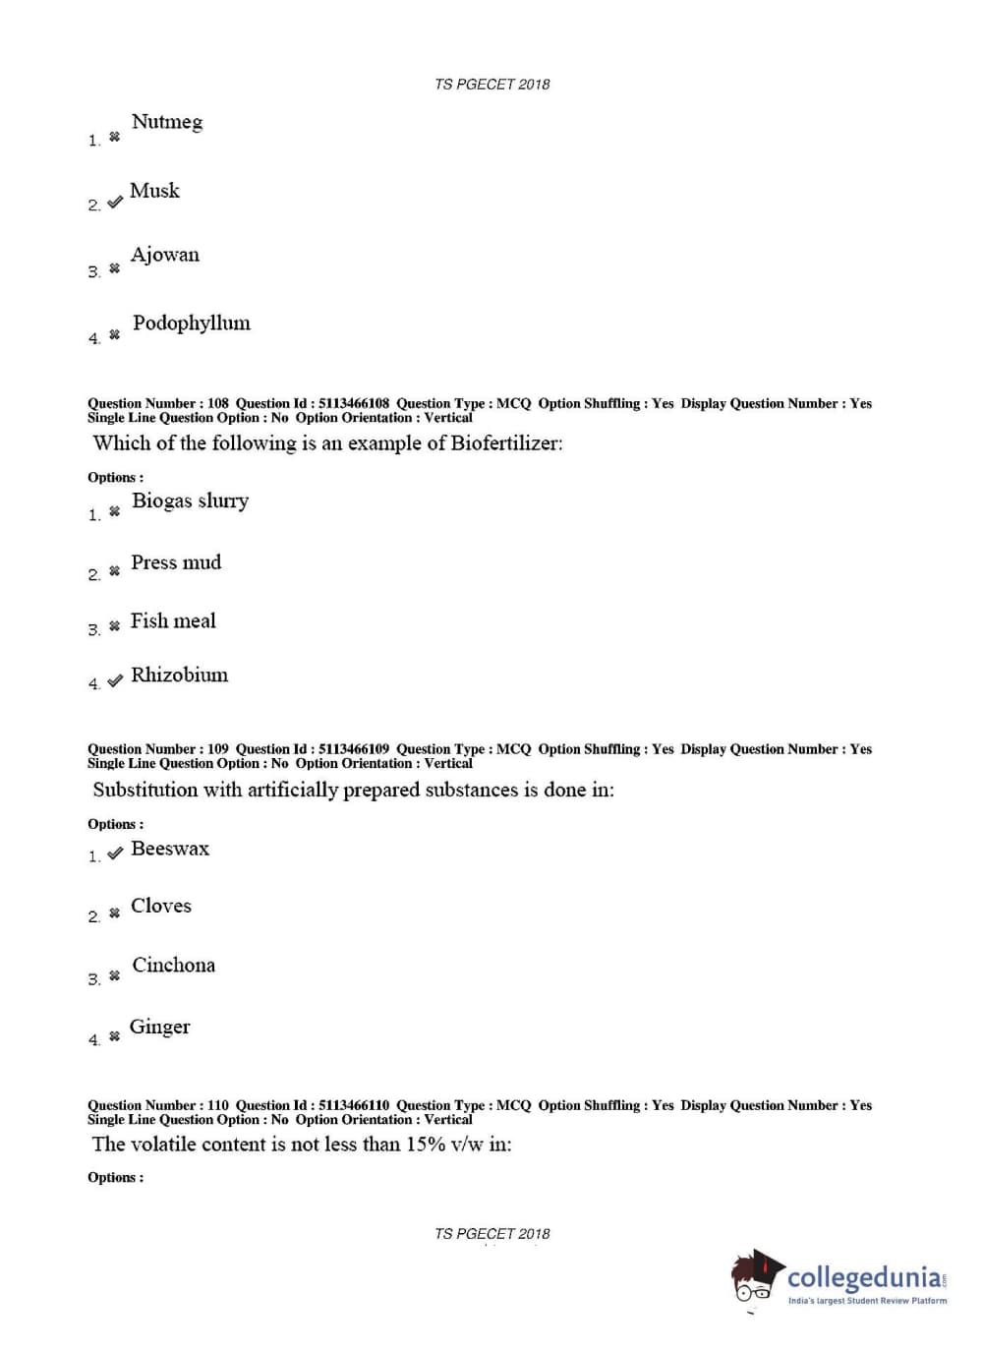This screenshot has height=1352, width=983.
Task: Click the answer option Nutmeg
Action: coord(167,122)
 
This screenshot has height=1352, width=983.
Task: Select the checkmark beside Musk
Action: coord(115,202)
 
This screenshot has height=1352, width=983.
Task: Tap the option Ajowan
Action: coord(165,255)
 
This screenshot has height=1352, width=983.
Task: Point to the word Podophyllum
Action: coord(192,323)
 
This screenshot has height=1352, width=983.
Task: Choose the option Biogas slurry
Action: coord(190,501)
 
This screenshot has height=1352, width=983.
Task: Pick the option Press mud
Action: coord(176,562)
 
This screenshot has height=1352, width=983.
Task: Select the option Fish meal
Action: coord(173,621)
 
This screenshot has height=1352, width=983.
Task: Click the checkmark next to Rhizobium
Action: coord(115,680)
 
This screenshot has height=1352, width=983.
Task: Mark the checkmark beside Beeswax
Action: coord(115,852)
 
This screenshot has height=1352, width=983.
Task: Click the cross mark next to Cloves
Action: coord(114,913)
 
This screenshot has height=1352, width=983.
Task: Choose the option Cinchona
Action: coord(173,966)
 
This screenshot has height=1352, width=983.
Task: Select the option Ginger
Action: coord(159,1028)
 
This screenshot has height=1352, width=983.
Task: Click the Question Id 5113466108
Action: coord(354,403)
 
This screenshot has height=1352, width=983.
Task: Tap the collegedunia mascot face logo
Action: coord(756,1278)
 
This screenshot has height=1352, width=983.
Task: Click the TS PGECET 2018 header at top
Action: coord(491,85)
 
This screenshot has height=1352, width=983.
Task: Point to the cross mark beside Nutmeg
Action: coord(114,137)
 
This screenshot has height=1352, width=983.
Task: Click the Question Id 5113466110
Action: coord(354,1105)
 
